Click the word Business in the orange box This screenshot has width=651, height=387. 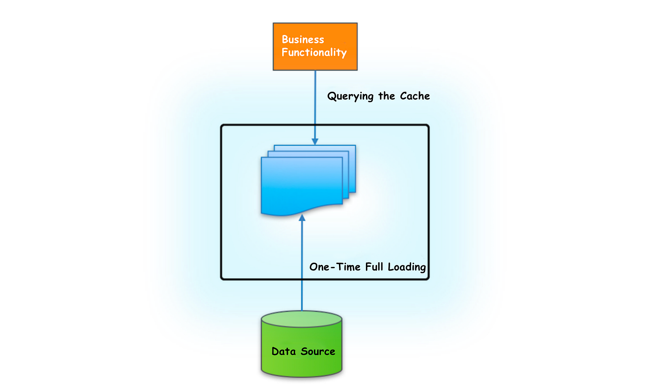(303, 39)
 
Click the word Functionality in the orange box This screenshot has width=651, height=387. (314, 53)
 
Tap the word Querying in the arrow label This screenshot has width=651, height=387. (350, 96)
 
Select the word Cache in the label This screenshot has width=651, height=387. (415, 96)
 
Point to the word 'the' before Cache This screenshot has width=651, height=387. (386, 96)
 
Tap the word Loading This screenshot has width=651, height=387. (407, 267)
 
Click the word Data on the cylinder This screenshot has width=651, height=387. (284, 351)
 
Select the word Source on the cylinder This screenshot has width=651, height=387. (318, 351)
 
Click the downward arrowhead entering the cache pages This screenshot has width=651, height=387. (315, 142)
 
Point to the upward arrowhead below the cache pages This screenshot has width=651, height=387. (302, 217)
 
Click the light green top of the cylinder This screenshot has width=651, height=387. (302, 319)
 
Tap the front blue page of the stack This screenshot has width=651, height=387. (302, 183)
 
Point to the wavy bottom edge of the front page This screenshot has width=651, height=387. (302, 210)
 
